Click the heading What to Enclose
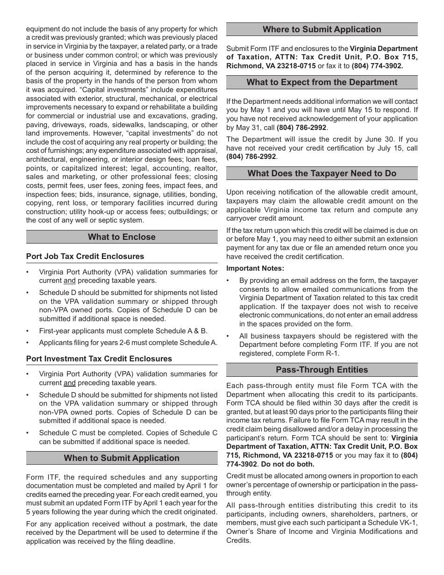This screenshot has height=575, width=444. tap(122, 237)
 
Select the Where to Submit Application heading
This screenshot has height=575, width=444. tap(322, 29)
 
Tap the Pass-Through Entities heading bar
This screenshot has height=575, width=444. tap(322, 370)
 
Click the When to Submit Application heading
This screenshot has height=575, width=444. tap(122, 458)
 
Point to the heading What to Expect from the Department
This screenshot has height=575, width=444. tap(322, 82)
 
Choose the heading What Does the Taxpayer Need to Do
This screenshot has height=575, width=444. tap(322, 173)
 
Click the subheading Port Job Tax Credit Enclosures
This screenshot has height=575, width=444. tap(85, 256)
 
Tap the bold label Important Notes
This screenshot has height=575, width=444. tap(255, 268)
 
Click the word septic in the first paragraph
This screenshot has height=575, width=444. tap(108, 221)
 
